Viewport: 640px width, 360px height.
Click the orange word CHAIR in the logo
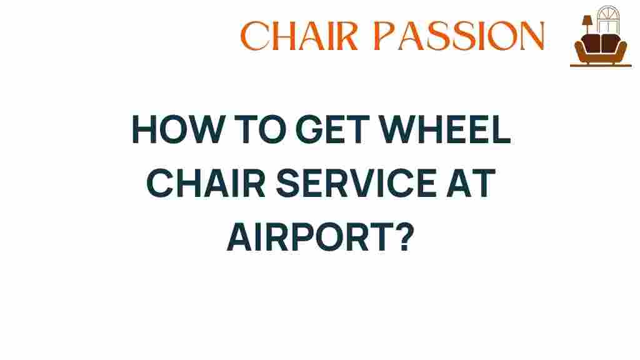299,36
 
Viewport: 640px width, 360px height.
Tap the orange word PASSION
459,36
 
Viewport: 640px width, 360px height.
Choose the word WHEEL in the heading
445,129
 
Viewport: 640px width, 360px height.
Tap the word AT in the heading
470,183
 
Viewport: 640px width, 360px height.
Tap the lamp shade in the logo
587,21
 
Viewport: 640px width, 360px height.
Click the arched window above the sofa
608,19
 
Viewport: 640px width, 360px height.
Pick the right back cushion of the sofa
609,43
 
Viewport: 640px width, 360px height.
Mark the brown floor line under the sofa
601,65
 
